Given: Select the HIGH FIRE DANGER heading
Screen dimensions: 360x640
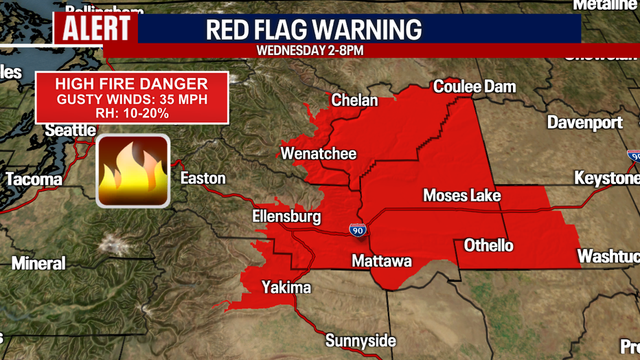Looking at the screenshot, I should click(131, 85).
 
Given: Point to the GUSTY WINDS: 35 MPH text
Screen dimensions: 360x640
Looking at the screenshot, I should click(131, 100).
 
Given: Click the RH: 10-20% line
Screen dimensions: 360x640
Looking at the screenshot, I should click(131, 113).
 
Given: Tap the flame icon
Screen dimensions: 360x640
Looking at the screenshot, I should click(133, 170).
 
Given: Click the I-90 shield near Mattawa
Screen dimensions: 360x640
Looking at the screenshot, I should click(357, 231).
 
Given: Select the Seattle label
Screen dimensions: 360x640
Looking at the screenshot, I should click(70, 130).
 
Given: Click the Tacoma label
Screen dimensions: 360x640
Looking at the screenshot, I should click(34, 179).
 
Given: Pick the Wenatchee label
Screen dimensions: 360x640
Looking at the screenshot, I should click(319, 153).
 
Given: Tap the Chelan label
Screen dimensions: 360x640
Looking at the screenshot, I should click(354, 100).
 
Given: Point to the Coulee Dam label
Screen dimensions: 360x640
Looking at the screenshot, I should click(474, 87).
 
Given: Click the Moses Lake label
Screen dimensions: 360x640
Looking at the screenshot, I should click(461, 196).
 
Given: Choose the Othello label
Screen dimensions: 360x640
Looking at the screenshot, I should click(488, 245).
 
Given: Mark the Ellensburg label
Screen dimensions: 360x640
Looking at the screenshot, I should click(286, 217).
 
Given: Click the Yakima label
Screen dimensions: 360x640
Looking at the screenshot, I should click(286, 287).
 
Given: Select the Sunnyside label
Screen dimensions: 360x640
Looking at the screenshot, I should click(361, 341).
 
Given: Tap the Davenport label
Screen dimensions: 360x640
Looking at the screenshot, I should click(585, 122).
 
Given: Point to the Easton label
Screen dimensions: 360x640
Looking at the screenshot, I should click(203, 178).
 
